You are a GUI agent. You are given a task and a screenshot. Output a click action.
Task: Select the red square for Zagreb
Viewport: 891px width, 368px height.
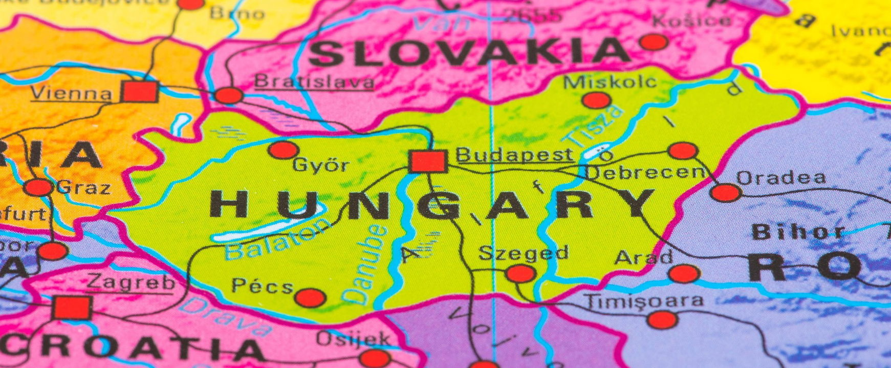pos(72,308)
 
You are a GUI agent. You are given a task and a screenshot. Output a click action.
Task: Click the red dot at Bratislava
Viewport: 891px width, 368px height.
pos(229,95)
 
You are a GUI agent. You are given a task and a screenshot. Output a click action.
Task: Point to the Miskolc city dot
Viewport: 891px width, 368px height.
pos(596,100)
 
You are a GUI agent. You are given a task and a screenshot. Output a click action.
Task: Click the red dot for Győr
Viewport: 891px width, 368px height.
pos(283,150)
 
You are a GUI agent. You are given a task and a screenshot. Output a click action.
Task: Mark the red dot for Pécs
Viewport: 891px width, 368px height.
pos(311,297)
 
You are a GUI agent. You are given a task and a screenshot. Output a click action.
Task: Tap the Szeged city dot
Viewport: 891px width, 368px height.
pos(521,274)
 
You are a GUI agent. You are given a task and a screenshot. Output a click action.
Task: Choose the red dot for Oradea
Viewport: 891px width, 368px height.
pos(726,193)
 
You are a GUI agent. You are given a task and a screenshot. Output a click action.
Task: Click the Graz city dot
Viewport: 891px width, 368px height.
pos(38,188)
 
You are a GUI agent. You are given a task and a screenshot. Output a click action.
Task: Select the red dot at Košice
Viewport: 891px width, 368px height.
pos(654,42)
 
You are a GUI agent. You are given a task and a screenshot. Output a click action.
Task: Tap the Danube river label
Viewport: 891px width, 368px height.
pos(364,264)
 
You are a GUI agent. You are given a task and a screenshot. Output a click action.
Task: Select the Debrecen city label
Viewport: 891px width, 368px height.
pos(644,173)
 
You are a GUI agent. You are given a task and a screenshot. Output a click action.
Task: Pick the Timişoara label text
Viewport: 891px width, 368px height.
pos(643,301)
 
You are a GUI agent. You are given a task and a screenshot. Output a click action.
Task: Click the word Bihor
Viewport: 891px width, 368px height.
pos(797,232)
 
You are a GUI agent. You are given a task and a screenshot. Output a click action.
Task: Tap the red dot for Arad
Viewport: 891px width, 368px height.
pos(684,274)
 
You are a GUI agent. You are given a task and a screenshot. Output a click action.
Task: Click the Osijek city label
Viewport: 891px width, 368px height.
pos(353,338)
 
